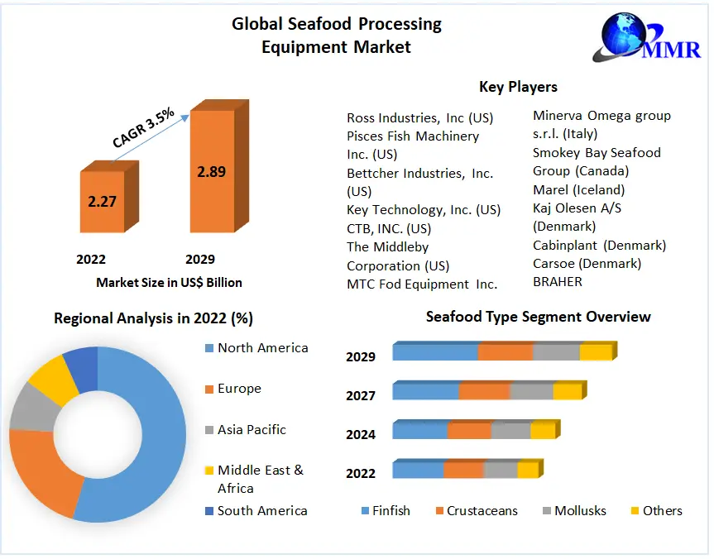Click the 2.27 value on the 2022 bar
(x=102, y=201)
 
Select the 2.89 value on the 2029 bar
(x=211, y=172)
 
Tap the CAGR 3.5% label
(x=143, y=127)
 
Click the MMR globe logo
(x=647, y=36)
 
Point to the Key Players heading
(x=518, y=87)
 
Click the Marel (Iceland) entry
(x=579, y=189)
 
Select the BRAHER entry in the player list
(x=558, y=282)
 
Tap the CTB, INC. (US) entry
(x=389, y=228)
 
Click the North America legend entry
(x=256, y=348)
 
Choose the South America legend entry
(x=256, y=511)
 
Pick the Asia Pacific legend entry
(x=246, y=429)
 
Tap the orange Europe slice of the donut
(x=43, y=469)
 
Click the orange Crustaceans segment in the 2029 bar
(x=506, y=351)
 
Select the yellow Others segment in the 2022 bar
(x=528, y=469)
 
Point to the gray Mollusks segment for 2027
(x=532, y=390)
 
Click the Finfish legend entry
(x=386, y=511)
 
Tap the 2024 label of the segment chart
(x=361, y=435)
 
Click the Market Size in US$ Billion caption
(x=169, y=283)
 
